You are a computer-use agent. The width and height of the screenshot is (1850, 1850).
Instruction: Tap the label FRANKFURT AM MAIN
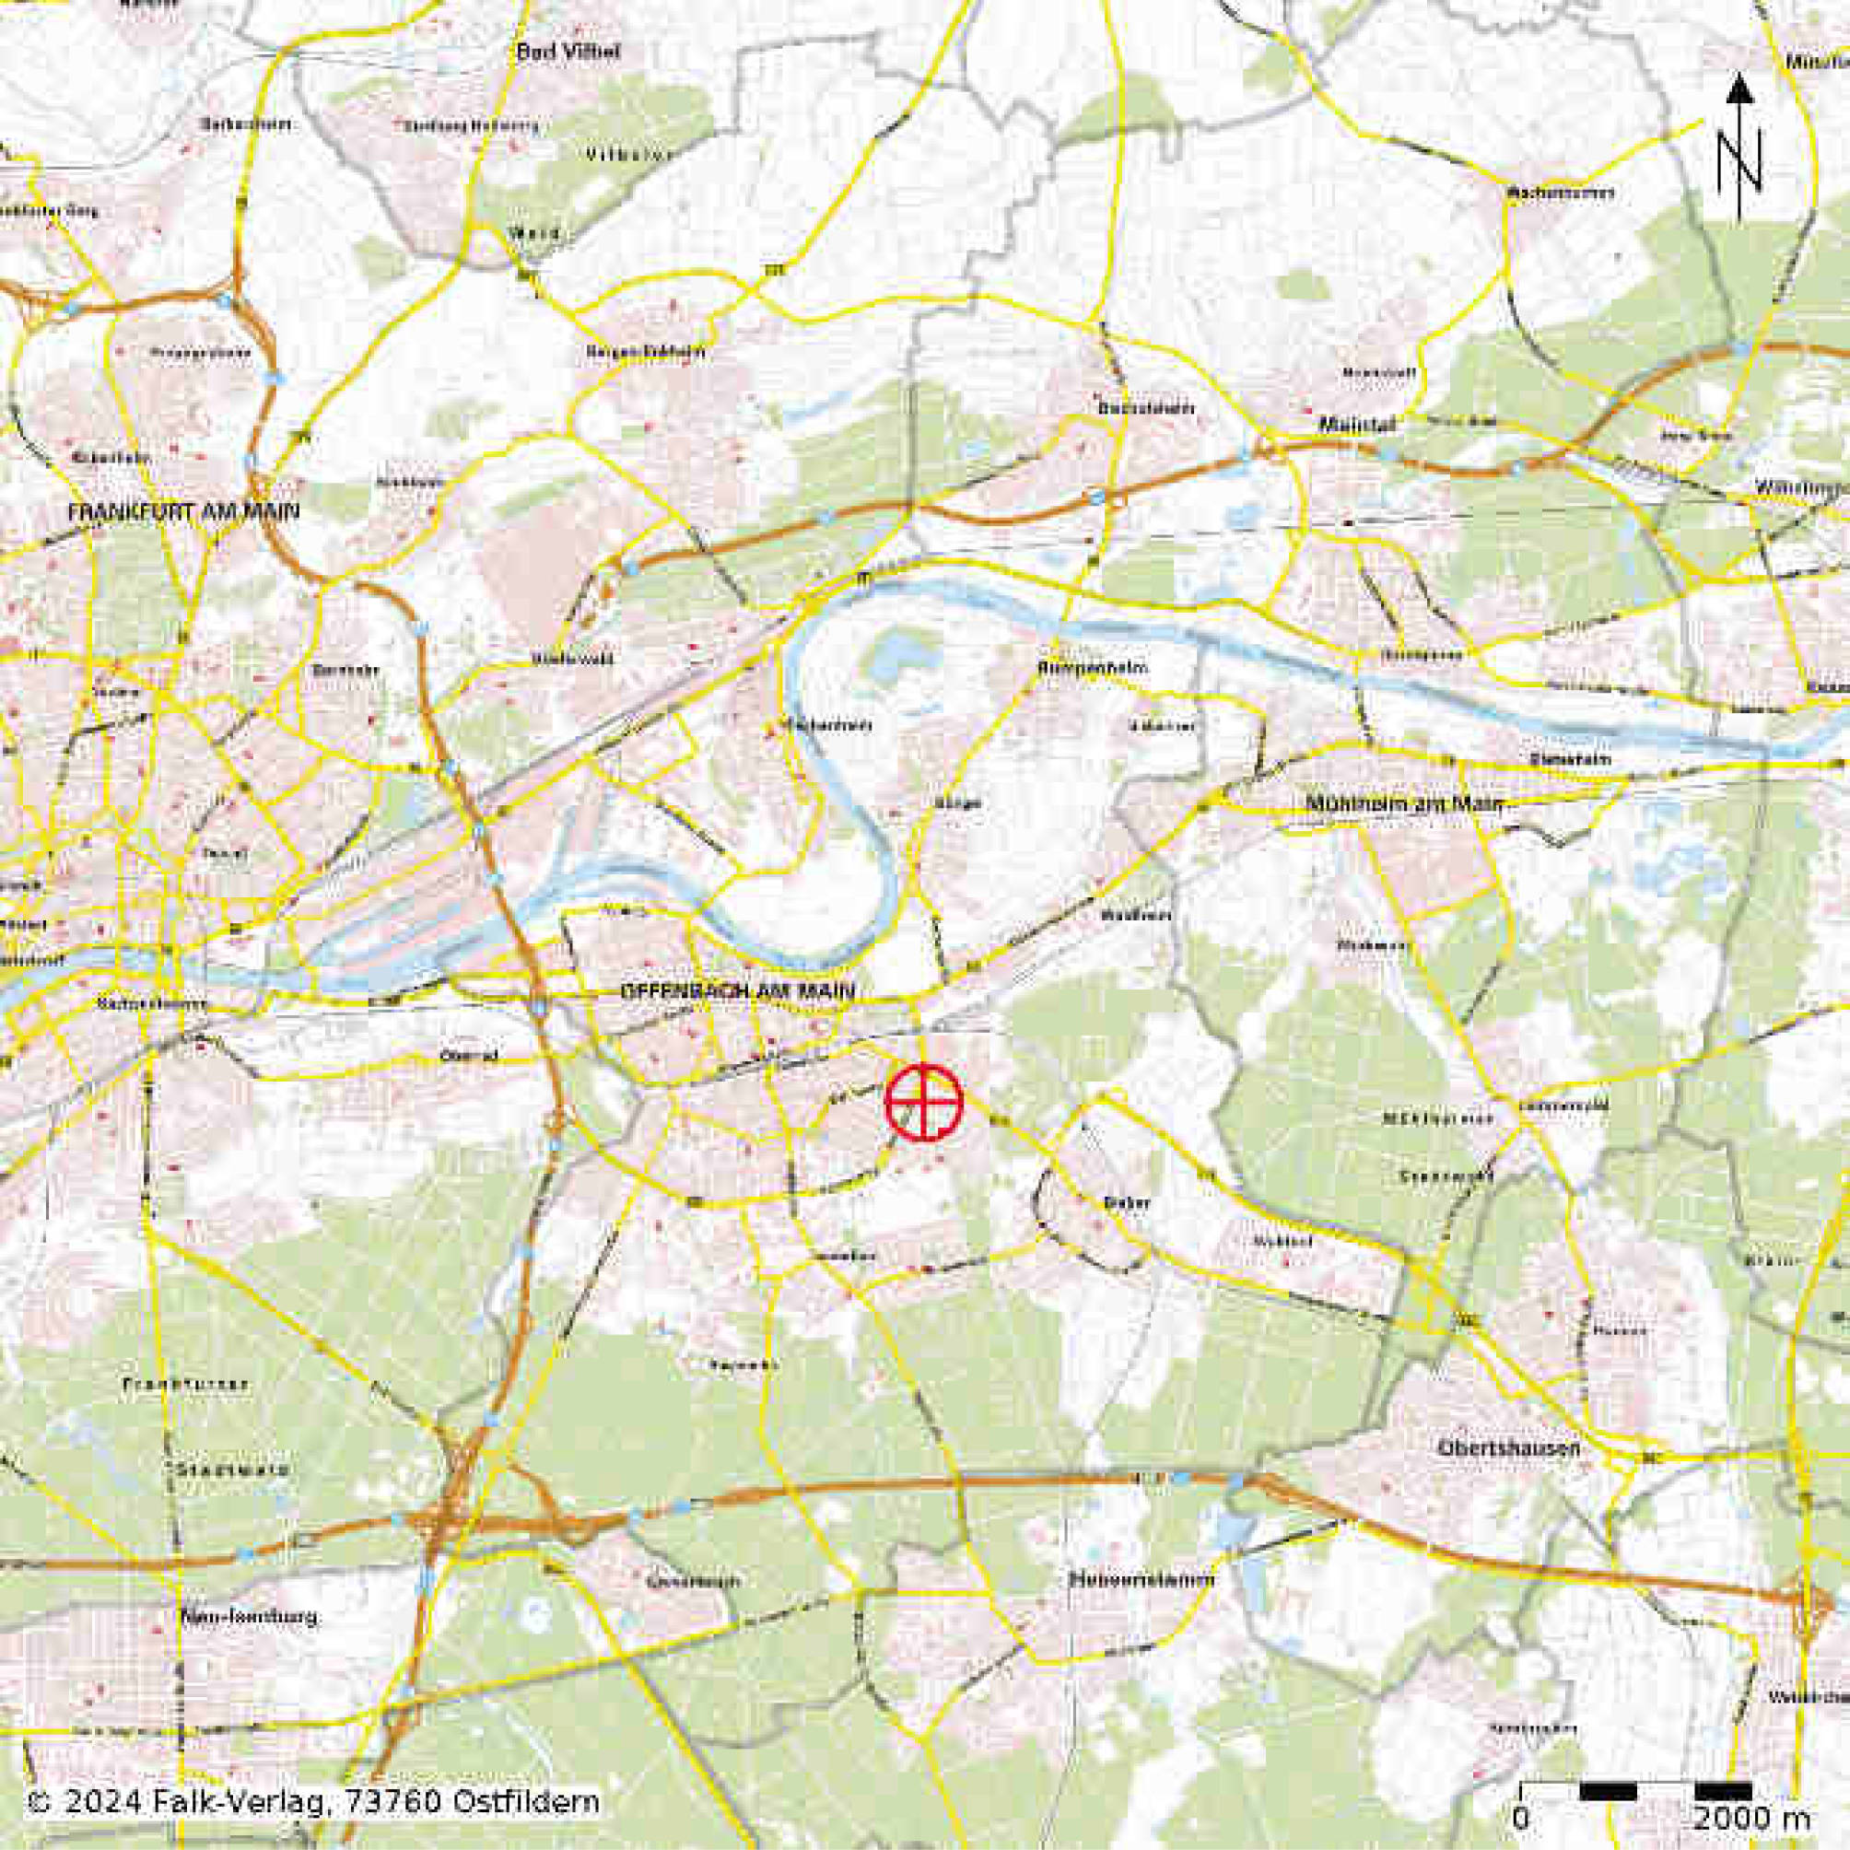[x=183, y=512]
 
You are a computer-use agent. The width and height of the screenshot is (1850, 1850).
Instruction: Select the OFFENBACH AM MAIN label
[x=736, y=991]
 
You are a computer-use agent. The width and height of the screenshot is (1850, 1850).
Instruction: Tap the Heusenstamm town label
[x=1141, y=1579]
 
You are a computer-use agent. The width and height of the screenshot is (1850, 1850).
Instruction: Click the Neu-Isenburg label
[x=249, y=1617]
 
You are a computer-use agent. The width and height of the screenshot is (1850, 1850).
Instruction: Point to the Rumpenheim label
[x=1092, y=667]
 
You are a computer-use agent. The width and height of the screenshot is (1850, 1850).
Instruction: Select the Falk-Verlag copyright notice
[x=314, y=1802]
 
